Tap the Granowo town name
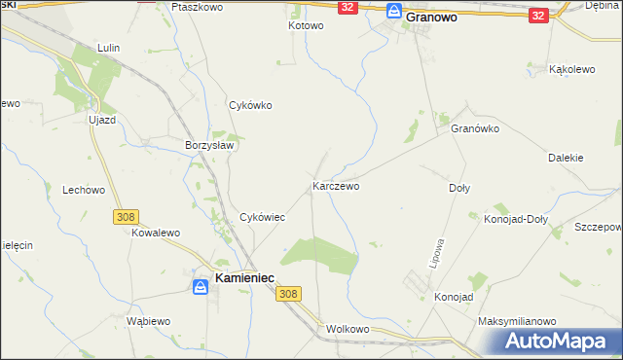[432, 17]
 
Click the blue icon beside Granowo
[393, 12]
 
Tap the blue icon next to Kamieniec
[198, 285]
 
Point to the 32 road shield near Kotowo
[348, 7]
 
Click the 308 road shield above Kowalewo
[125, 217]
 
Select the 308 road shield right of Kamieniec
[287, 293]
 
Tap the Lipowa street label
[437, 253]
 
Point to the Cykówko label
[249, 105]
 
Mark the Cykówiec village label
[262, 217]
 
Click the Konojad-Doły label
[516, 219]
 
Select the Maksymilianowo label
[516, 320]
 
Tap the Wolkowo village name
[348, 329]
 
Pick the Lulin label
[108, 47]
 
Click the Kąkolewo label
[572, 70]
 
